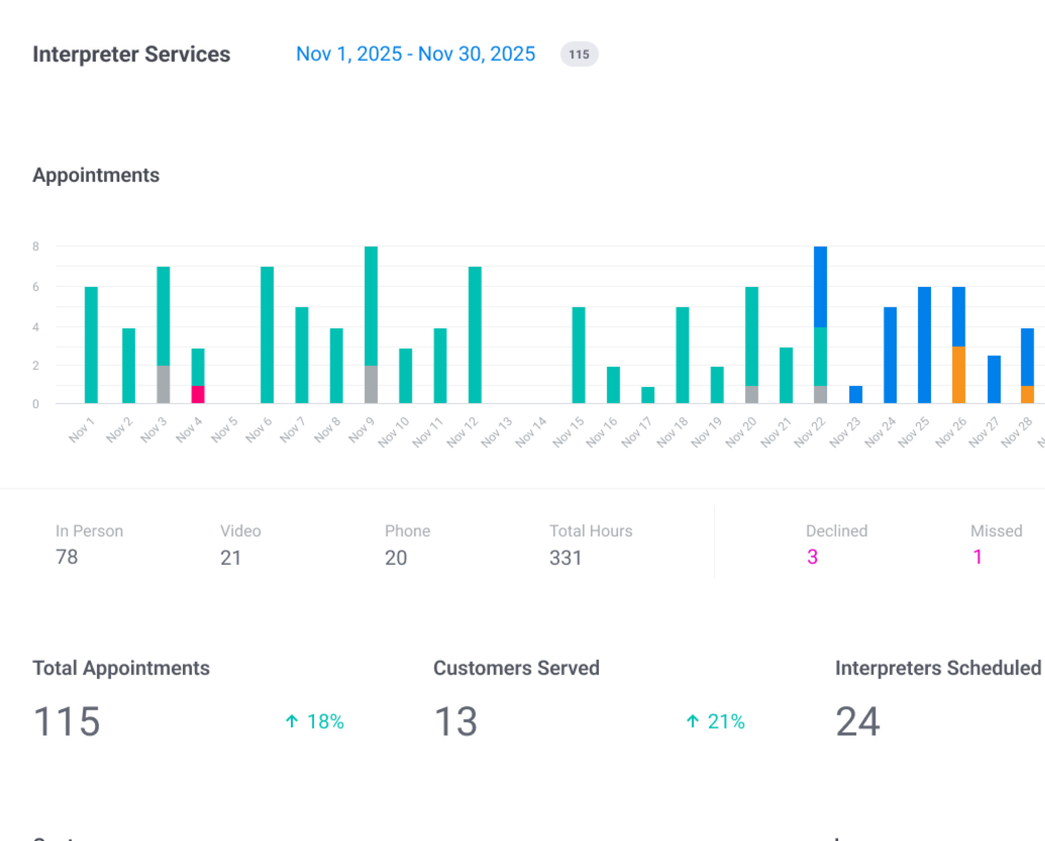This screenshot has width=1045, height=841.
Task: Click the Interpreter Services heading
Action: (131, 54)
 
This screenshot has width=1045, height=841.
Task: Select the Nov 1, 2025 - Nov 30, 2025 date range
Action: (415, 54)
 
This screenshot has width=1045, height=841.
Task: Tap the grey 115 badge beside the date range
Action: (579, 54)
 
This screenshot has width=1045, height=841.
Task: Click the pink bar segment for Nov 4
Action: (198, 394)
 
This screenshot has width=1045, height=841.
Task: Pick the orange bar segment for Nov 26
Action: (959, 374)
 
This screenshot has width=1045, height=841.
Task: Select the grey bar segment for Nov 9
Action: (371, 384)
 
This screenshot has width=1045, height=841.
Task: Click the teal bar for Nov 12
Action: (475, 335)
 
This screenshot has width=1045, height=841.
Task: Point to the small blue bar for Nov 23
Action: (855, 394)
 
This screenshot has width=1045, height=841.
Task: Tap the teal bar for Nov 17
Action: (648, 395)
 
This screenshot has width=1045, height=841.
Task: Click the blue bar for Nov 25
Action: (924, 345)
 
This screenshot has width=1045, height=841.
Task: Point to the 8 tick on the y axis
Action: (35, 247)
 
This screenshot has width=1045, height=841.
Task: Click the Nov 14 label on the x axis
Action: (531, 431)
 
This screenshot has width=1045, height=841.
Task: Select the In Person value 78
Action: (67, 557)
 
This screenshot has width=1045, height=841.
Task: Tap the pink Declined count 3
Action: (812, 557)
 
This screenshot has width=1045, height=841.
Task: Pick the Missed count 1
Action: (977, 557)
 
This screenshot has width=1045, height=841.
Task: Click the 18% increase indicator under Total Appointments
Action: (315, 721)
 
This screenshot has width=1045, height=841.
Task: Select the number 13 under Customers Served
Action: (456, 721)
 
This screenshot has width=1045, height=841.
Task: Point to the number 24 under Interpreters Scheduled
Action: (857, 721)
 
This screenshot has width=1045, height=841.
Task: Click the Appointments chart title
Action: (96, 175)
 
